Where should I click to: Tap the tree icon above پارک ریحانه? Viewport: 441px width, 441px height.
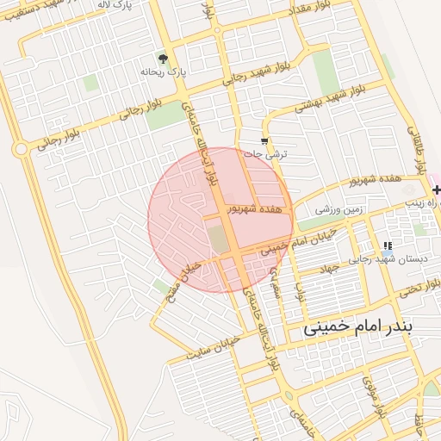164,58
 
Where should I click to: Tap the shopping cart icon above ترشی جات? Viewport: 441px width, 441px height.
264,141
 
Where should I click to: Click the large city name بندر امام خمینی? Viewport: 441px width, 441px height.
358,327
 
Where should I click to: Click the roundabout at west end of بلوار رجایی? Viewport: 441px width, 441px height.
20,149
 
